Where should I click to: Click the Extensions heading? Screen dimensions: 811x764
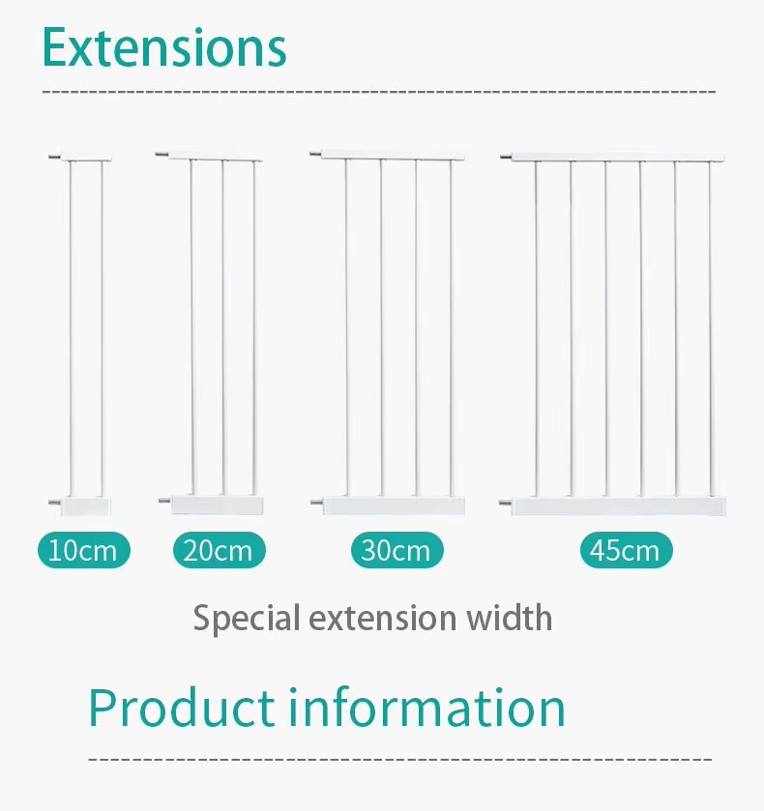[x=164, y=46]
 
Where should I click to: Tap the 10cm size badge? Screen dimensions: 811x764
[x=83, y=551]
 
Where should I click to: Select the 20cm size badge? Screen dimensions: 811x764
[x=219, y=551]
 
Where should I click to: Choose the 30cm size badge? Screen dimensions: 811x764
[x=397, y=551]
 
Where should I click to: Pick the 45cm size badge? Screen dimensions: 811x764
[x=626, y=551]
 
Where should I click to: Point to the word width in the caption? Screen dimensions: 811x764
[x=510, y=617]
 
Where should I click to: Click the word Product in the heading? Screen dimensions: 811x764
[x=182, y=708]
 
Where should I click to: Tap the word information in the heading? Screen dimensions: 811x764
[x=427, y=708]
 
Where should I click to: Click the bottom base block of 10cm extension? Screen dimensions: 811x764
[x=87, y=504]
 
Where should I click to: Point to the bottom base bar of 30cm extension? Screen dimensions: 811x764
[x=394, y=505]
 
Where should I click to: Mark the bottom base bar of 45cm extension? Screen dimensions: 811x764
[x=619, y=506]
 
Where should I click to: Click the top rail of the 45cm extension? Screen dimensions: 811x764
[x=619, y=157]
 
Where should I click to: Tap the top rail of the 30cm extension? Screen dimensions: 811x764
[x=394, y=155]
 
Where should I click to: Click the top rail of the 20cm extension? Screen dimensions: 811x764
[x=218, y=155]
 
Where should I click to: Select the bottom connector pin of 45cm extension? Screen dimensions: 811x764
[x=505, y=503]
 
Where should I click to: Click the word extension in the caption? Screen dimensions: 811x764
[x=387, y=617]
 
